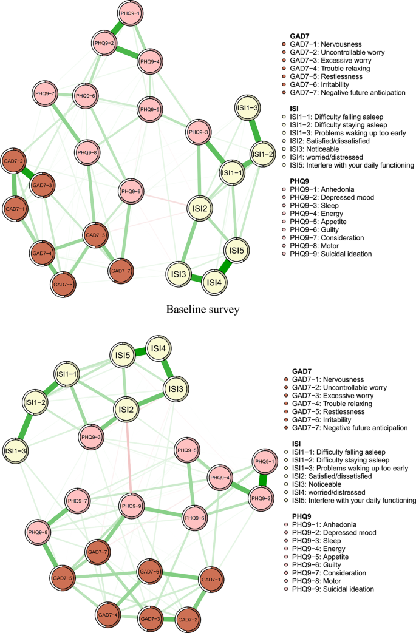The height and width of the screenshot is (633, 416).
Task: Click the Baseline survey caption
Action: (x=203, y=310)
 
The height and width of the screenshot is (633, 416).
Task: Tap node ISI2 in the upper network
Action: (x=200, y=209)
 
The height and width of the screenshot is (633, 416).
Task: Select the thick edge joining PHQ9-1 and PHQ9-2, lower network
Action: (x=262, y=481)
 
